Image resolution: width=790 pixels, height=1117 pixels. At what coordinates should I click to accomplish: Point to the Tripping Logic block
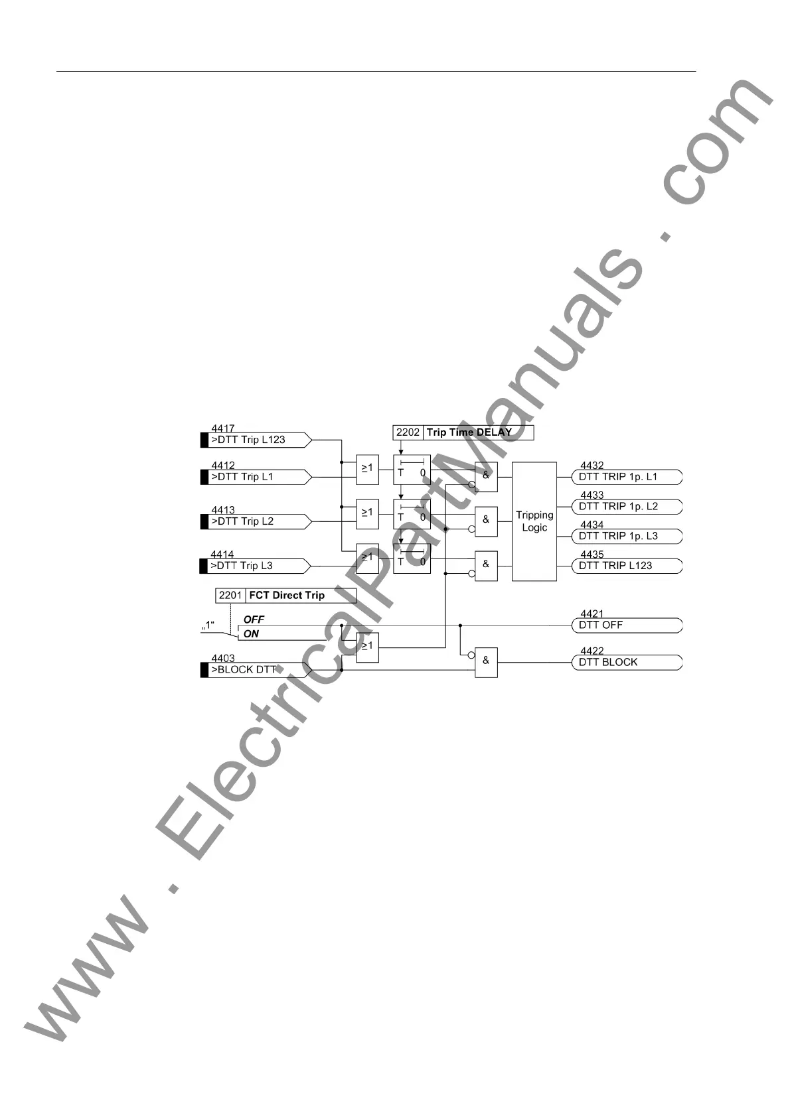coord(534,521)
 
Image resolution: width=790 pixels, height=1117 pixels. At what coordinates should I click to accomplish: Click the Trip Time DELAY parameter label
coord(469,432)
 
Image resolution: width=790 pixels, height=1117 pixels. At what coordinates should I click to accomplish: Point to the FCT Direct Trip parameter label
coord(287,596)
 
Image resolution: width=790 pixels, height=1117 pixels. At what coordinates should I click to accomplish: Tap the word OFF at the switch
coord(254,620)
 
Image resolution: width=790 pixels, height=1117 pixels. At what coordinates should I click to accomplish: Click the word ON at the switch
coord(251,634)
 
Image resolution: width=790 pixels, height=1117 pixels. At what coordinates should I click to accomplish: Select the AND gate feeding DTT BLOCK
coord(486,662)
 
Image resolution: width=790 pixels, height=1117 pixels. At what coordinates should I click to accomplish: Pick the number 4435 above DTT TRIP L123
coord(592,555)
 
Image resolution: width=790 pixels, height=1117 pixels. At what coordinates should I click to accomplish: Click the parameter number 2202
coord(408,432)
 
